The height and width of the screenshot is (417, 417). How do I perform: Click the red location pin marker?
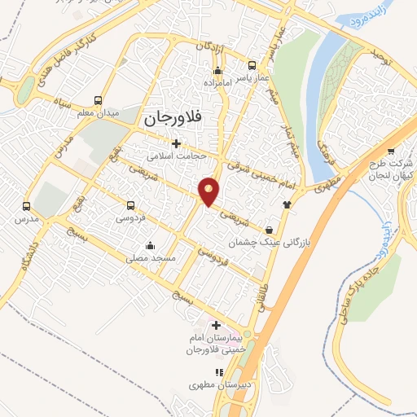pos(209,191)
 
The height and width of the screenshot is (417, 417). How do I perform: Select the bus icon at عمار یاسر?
pos(252,66)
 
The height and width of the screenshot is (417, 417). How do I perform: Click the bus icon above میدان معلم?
pos(98,100)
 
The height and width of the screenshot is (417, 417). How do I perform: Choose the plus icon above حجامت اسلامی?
pos(176,143)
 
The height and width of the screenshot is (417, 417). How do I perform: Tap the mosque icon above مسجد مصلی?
pos(149,245)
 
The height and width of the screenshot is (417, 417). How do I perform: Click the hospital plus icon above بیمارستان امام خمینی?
pos(216,326)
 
